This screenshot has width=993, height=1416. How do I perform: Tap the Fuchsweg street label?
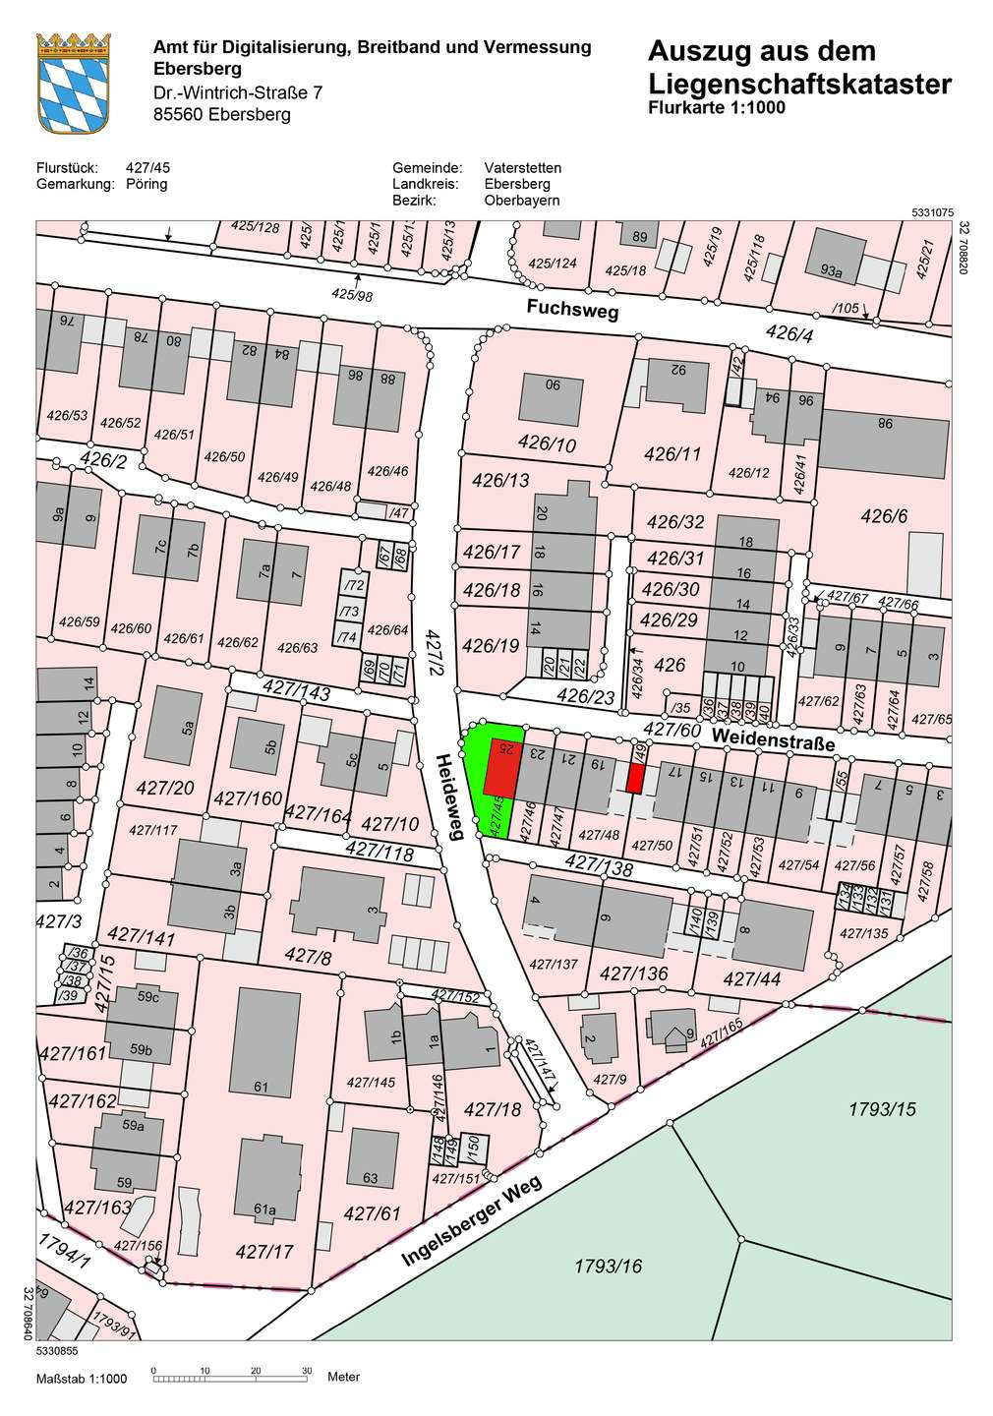coord(572,309)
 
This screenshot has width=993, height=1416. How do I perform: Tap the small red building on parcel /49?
coord(635,778)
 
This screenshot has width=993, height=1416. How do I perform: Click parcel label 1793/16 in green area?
coord(608,1266)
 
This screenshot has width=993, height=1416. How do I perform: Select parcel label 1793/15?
coord(881,1109)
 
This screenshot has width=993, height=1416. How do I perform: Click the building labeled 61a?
coord(266,1181)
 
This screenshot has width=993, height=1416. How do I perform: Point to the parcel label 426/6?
coord(884,516)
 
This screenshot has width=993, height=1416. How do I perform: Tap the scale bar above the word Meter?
coord(230,1380)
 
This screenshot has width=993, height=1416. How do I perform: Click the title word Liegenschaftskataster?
coord(799,85)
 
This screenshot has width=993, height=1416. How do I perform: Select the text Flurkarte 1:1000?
coord(717,108)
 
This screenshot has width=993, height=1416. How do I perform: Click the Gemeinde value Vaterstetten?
coord(522,168)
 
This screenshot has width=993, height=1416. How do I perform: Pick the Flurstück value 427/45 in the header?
coord(147,168)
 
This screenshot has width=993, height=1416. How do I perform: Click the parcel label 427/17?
coord(264,1252)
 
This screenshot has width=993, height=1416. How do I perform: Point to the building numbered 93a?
coord(832,268)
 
